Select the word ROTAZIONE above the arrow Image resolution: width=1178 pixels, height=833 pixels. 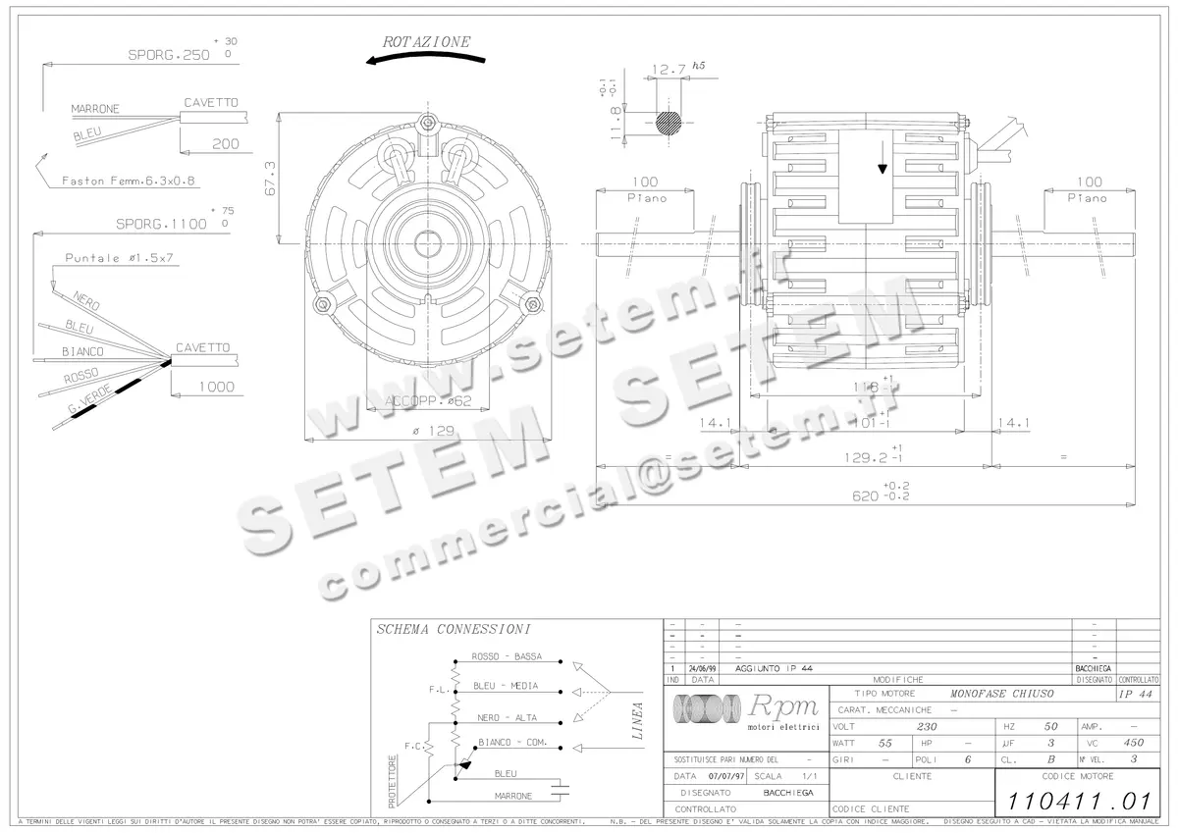[x=426, y=42]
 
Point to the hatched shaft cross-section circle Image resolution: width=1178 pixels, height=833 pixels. [x=669, y=122]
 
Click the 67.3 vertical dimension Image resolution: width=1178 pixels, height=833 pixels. [x=270, y=178]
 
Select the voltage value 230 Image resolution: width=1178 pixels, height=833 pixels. [x=926, y=727]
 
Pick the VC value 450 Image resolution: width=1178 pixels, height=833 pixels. [x=1134, y=743]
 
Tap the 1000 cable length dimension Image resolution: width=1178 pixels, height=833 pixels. [x=216, y=387]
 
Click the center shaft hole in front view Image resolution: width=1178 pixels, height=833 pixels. [x=428, y=241]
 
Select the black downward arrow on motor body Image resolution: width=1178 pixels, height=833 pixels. [x=882, y=168]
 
